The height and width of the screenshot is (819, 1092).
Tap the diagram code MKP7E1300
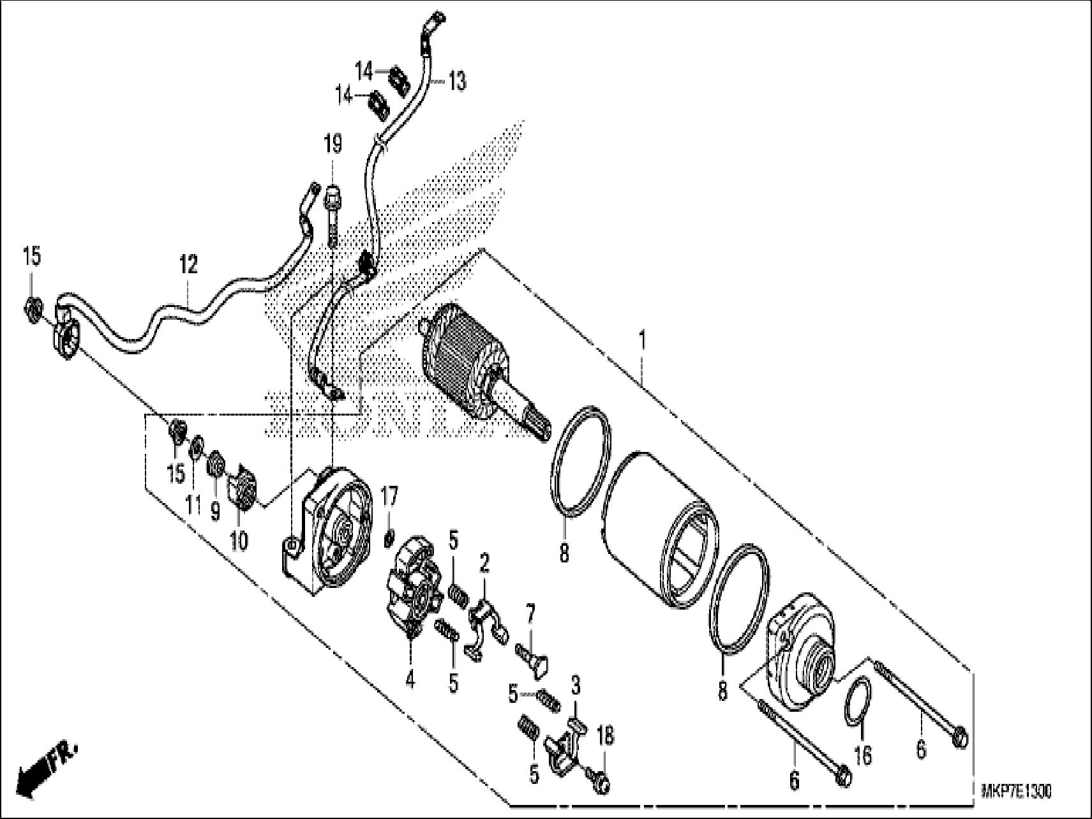pyautogui.click(x=1015, y=792)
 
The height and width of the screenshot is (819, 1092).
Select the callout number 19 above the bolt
pyautogui.click(x=333, y=144)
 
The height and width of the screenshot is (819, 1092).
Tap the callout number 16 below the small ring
pyautogui.click(x=862, y=756)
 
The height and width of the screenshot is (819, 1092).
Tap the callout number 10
pyautogui.click(x=238, y=541)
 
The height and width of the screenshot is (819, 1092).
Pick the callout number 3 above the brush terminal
pyautogui.click(x=575, y=687)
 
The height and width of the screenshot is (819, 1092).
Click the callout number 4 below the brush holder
pyautogui.click(x=410, y=680)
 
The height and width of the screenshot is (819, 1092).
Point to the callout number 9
pyautogui.click(x=215, y=510)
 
